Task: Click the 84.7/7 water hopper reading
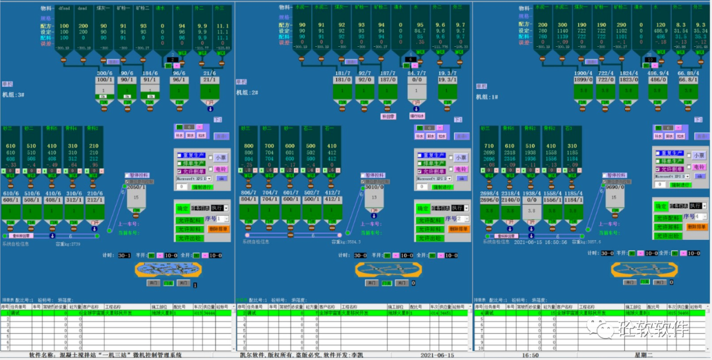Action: click(417, 73)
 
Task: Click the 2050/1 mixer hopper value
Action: click(136, 187)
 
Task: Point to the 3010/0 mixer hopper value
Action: click(374, 187)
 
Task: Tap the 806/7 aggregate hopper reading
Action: click(249, 192)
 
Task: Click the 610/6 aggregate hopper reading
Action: click(11, 192)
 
